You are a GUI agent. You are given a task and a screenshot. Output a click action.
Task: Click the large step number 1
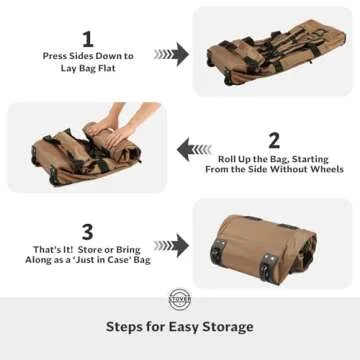[87, 38]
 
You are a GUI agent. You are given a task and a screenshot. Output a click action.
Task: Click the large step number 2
[273, 140]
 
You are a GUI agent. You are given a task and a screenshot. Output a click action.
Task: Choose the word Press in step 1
[55, 56]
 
